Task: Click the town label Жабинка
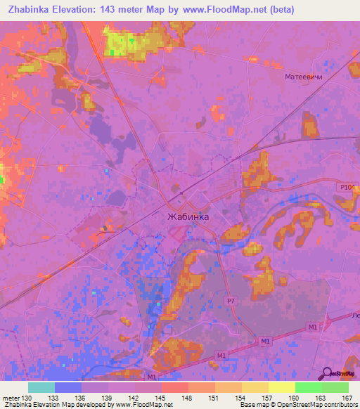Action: click(188, 216)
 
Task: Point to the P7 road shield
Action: click(230, 301)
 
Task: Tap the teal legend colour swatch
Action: click(41, 387)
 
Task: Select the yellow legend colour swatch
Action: click(282, 387)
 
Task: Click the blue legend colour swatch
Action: click(68, 387)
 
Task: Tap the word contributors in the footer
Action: click(340, 405)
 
